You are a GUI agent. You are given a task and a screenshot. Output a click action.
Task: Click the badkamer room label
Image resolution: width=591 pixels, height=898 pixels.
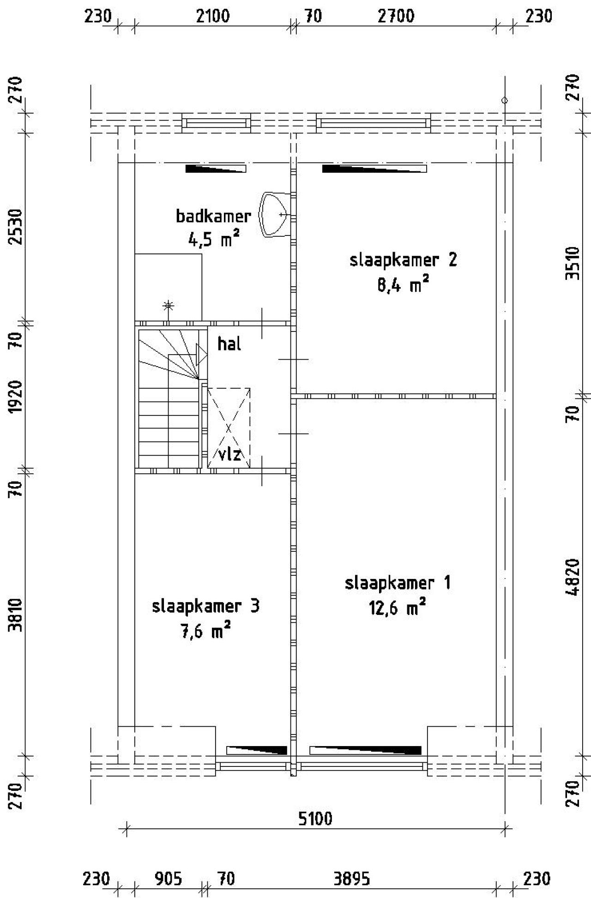pos(213,216)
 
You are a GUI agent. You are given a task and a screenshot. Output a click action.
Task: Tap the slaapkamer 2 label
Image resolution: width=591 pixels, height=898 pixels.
pos(403,260)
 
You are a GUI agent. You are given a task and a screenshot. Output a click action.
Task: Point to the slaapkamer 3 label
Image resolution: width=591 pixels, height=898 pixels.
pos(206,606)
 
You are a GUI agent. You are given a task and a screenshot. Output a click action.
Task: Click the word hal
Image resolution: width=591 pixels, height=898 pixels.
pos(229,344)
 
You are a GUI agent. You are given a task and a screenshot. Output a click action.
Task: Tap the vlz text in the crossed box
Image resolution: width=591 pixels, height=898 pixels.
pos(229,455)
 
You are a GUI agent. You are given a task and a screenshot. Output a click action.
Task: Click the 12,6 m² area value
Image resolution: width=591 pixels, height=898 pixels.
pos(397,608)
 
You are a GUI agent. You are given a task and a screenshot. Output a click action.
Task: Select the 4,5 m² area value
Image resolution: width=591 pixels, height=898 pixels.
pos(213,240)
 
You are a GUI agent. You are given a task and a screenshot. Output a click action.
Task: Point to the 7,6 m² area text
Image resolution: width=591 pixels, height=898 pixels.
pos(206,631)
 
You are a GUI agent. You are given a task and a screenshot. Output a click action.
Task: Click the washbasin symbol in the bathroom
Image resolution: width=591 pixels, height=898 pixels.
pos(274,215)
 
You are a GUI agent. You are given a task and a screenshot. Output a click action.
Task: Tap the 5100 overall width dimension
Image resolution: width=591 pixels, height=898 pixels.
pos(315,819)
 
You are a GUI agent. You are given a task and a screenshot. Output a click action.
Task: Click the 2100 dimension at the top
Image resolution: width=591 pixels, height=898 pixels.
pos(212,17)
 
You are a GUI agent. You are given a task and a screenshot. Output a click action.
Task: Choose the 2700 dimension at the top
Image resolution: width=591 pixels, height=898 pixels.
pos(396,17)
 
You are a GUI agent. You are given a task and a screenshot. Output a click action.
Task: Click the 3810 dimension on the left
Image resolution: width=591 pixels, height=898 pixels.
pos(16,615)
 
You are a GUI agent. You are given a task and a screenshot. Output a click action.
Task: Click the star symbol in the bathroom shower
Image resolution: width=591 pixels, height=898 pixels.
pos(169,305)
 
